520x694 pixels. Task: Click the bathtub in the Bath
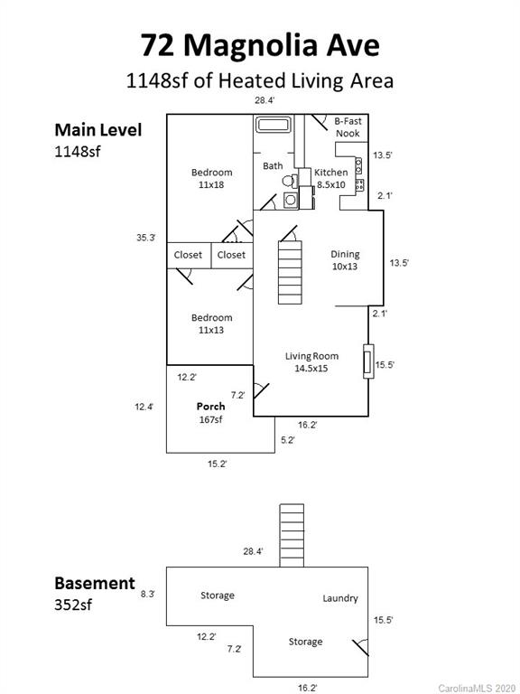point(274,124)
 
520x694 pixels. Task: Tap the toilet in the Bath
point(290,181)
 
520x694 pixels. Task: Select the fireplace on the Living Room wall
point(368,361)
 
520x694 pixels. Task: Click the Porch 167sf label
point(211,412)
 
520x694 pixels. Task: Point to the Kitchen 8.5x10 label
point(330,178)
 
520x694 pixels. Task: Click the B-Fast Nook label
point(348,127)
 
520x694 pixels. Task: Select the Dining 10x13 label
point(345,260)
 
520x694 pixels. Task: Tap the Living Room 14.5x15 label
point(311,362)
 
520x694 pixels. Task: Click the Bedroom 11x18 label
point(211,178)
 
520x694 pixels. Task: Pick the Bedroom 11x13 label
point(211,324)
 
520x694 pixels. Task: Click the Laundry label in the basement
point(340,598)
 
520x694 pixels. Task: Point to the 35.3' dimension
point(146,238)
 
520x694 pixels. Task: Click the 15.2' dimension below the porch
point(217,464)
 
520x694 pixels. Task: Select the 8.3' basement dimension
point(148,594)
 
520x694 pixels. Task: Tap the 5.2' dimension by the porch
point(288,440)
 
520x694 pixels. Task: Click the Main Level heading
point(98,130)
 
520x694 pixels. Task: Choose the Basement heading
point(95,584)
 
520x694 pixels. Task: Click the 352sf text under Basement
point(73,605)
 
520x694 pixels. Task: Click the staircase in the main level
point(290,272)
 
